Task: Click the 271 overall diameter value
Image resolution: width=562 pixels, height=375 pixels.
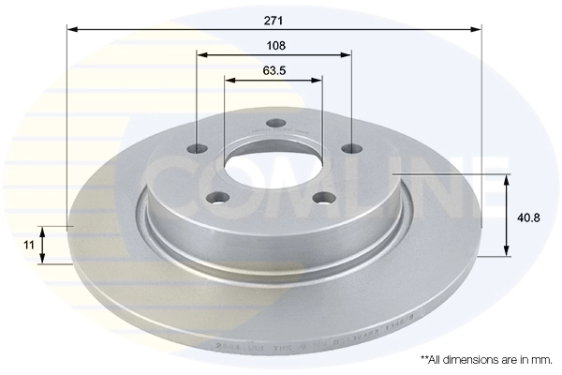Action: [274, 20]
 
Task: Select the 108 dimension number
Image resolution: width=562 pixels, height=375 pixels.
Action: [274, 45]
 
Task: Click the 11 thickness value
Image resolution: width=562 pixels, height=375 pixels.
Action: [29, 244]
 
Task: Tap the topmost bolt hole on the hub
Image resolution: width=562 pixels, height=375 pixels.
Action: [274, 123]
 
